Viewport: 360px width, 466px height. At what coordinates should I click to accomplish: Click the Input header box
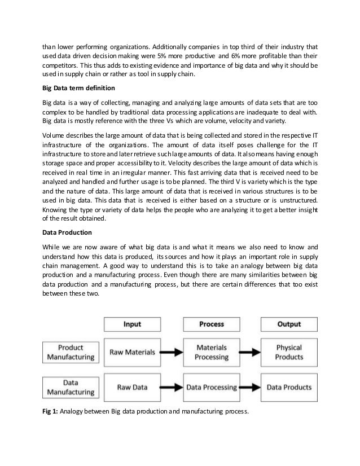click(132, 324)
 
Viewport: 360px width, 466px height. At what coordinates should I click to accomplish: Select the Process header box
click(212, 324)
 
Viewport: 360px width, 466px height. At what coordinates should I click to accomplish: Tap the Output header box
click(289, 324)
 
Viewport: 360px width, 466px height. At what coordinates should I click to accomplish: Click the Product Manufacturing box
click(64, 352)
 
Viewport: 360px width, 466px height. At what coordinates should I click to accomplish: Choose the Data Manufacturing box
click(64, 387)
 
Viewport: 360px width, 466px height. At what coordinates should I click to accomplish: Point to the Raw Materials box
click(132, 352)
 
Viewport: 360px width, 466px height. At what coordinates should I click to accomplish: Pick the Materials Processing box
click(212, 352)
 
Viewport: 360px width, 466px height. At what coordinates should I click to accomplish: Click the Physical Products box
click(289, 352)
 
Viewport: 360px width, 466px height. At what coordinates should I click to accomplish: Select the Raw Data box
click(132, 388)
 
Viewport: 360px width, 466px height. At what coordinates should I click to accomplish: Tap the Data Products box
click(289, 388)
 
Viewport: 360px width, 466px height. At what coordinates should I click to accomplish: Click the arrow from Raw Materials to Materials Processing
click(172, 352)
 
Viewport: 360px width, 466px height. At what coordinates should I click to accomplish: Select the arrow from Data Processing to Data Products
click(251, 388)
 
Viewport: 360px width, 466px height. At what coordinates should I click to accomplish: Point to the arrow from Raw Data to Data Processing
click(172, 388)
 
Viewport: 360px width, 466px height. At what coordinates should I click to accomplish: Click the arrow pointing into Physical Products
click(251, 352)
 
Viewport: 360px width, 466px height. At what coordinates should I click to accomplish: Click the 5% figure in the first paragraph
click(173, 57)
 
